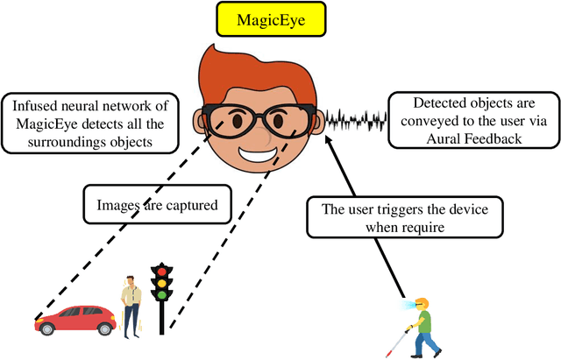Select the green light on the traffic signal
click(x=161, y=295)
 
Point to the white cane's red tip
click(x=390, y=351)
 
